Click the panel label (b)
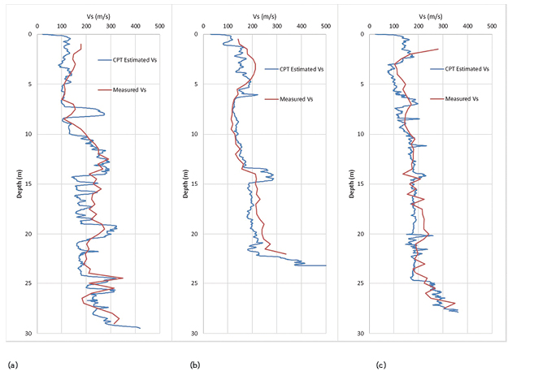pos(195,365)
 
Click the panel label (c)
pos(380,365)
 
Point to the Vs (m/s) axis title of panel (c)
pos(431,15)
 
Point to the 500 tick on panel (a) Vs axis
pos(160,26)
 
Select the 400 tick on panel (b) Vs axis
pos(301,26)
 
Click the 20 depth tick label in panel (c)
pos(360,234)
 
